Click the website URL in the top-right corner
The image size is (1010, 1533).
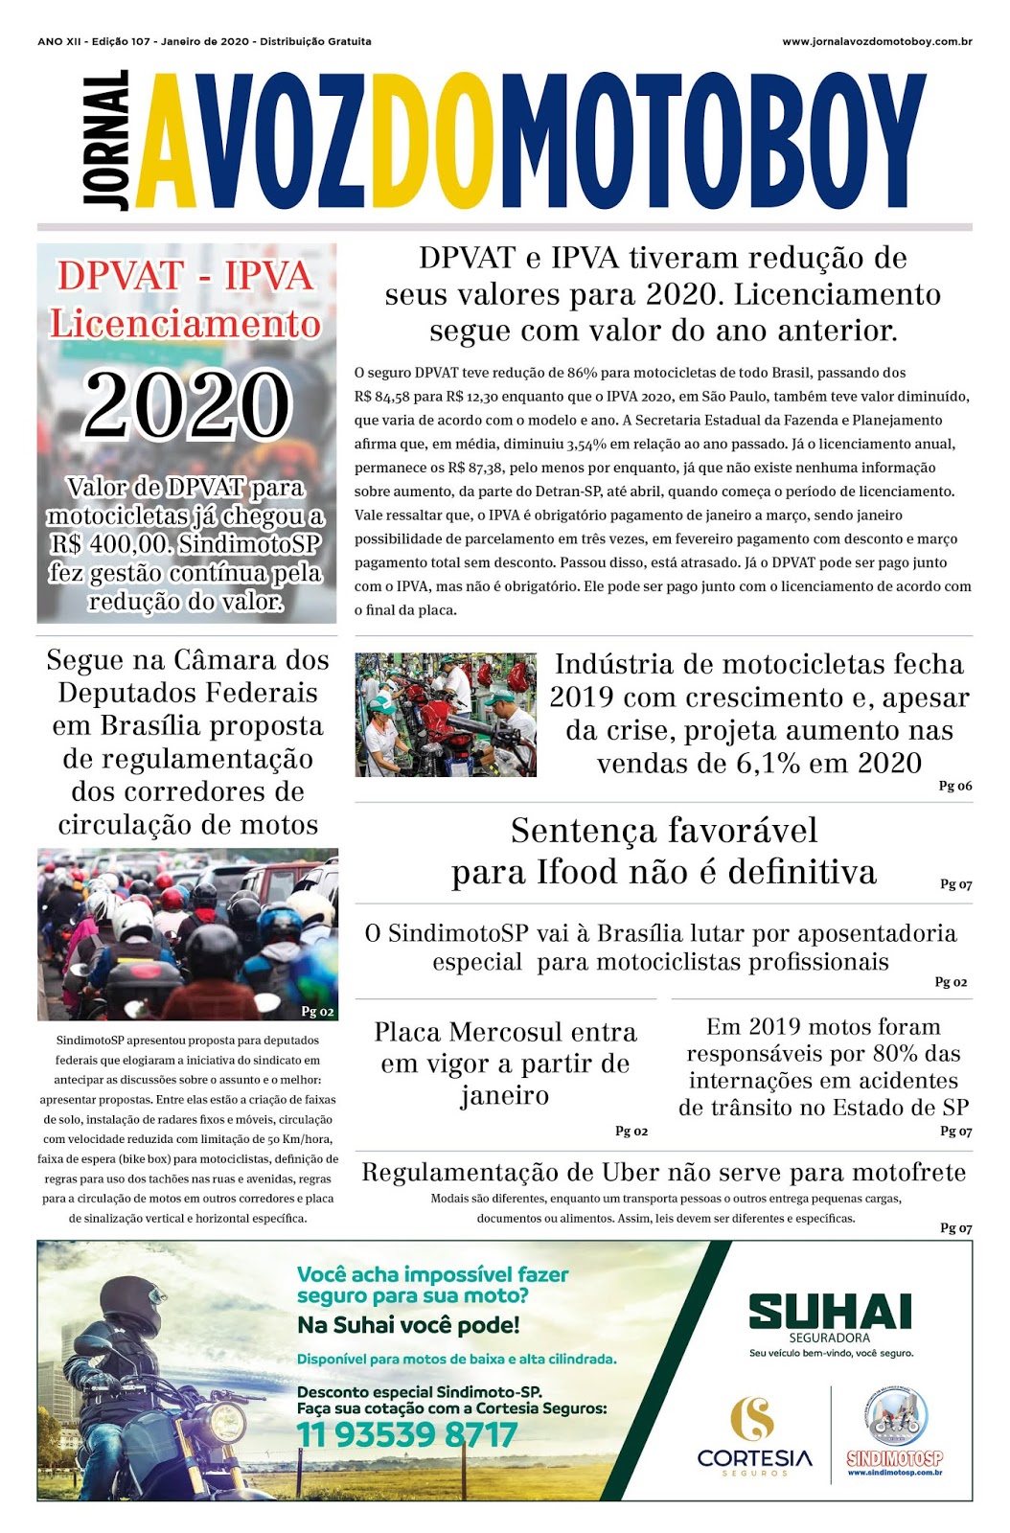pos(877,41)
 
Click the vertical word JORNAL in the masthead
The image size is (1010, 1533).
pos(105,140)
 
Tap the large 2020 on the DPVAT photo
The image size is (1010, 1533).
pos(187,404)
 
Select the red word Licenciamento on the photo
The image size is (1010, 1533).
pos(186,324)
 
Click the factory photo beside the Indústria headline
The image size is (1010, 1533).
pos(446,715)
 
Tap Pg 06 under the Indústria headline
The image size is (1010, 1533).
pos(954,786)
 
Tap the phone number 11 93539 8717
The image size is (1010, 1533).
pos(407,1434)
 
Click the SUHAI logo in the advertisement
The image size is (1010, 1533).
pos(830,1312)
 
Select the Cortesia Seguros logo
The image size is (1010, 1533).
pos(754,1435)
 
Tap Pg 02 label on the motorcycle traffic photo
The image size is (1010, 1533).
pos(317,1011)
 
